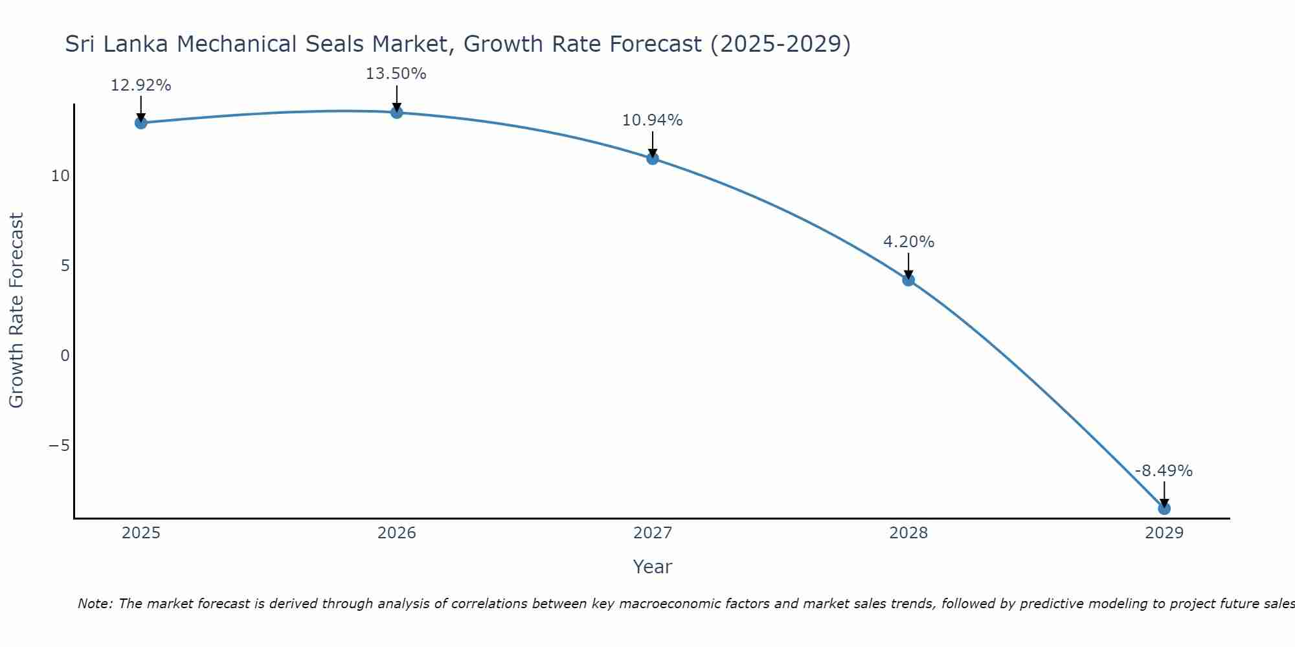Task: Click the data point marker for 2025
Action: [x=141, y=123]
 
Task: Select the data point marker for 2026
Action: [x=397, y=113]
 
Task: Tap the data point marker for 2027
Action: [x=653, y=159]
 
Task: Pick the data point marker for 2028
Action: [x=908, y=280]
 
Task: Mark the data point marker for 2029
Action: [x=1164, y=509]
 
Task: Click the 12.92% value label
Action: [x=141, y=85]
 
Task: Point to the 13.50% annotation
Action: [x=396, y=74]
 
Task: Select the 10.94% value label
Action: [x=653, y=120]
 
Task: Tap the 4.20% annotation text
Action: [x=908, y=242]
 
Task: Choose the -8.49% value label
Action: [x=1164, y=471]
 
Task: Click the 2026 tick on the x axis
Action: [x=397, y=533]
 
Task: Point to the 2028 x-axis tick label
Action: [x=908, y=533]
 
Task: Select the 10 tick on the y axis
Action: [x=60, y=176]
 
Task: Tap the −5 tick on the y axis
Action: [x=59, y=446]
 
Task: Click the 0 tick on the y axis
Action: [x=65, y=356]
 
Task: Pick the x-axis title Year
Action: [x=653, y=567]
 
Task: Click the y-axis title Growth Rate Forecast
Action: [x=17, y=311]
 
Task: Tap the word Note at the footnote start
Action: [x=95, y=604]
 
